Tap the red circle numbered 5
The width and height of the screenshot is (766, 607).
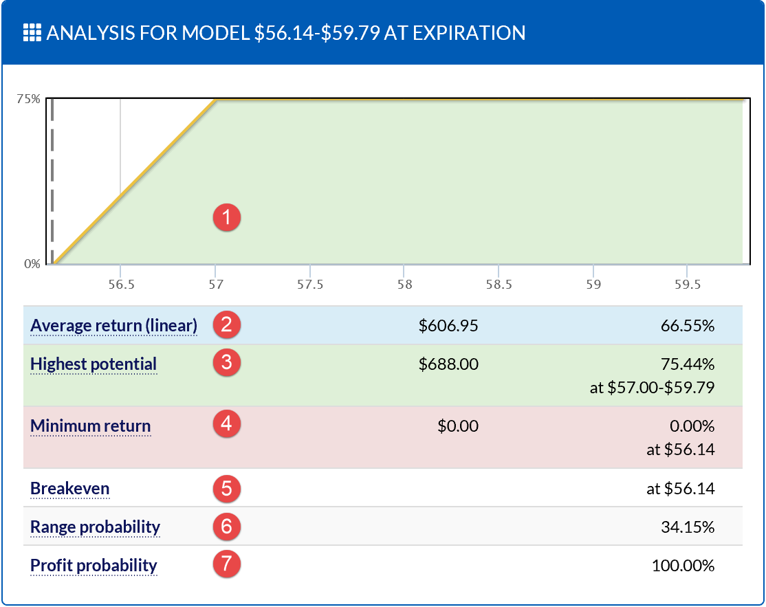[x=226, y=489]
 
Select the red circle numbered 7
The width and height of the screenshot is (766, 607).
[x=226, y=565]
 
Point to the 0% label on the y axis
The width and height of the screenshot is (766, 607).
[x=32, y=263]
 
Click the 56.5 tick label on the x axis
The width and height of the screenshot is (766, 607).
[x=120, y=284]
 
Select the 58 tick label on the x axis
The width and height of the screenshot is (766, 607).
[x=404, y=284]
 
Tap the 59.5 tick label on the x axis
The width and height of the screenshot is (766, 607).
[x=688, y=284]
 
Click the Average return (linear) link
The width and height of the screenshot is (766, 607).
[x=113, y=325]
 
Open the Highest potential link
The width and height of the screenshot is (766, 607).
[x=94, y=364]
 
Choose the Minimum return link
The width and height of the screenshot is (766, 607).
[x=90, y=426]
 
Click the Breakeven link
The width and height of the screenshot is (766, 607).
[x=69, y=489]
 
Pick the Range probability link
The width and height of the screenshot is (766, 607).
[x=95, y=527]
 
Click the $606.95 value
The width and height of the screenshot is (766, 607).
[x=448, y=326]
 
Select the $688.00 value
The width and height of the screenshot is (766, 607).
[x=448, y=364]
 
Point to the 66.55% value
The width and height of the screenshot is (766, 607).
[x=688, y=326]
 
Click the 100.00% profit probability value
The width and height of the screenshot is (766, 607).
[x=683, y=566]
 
